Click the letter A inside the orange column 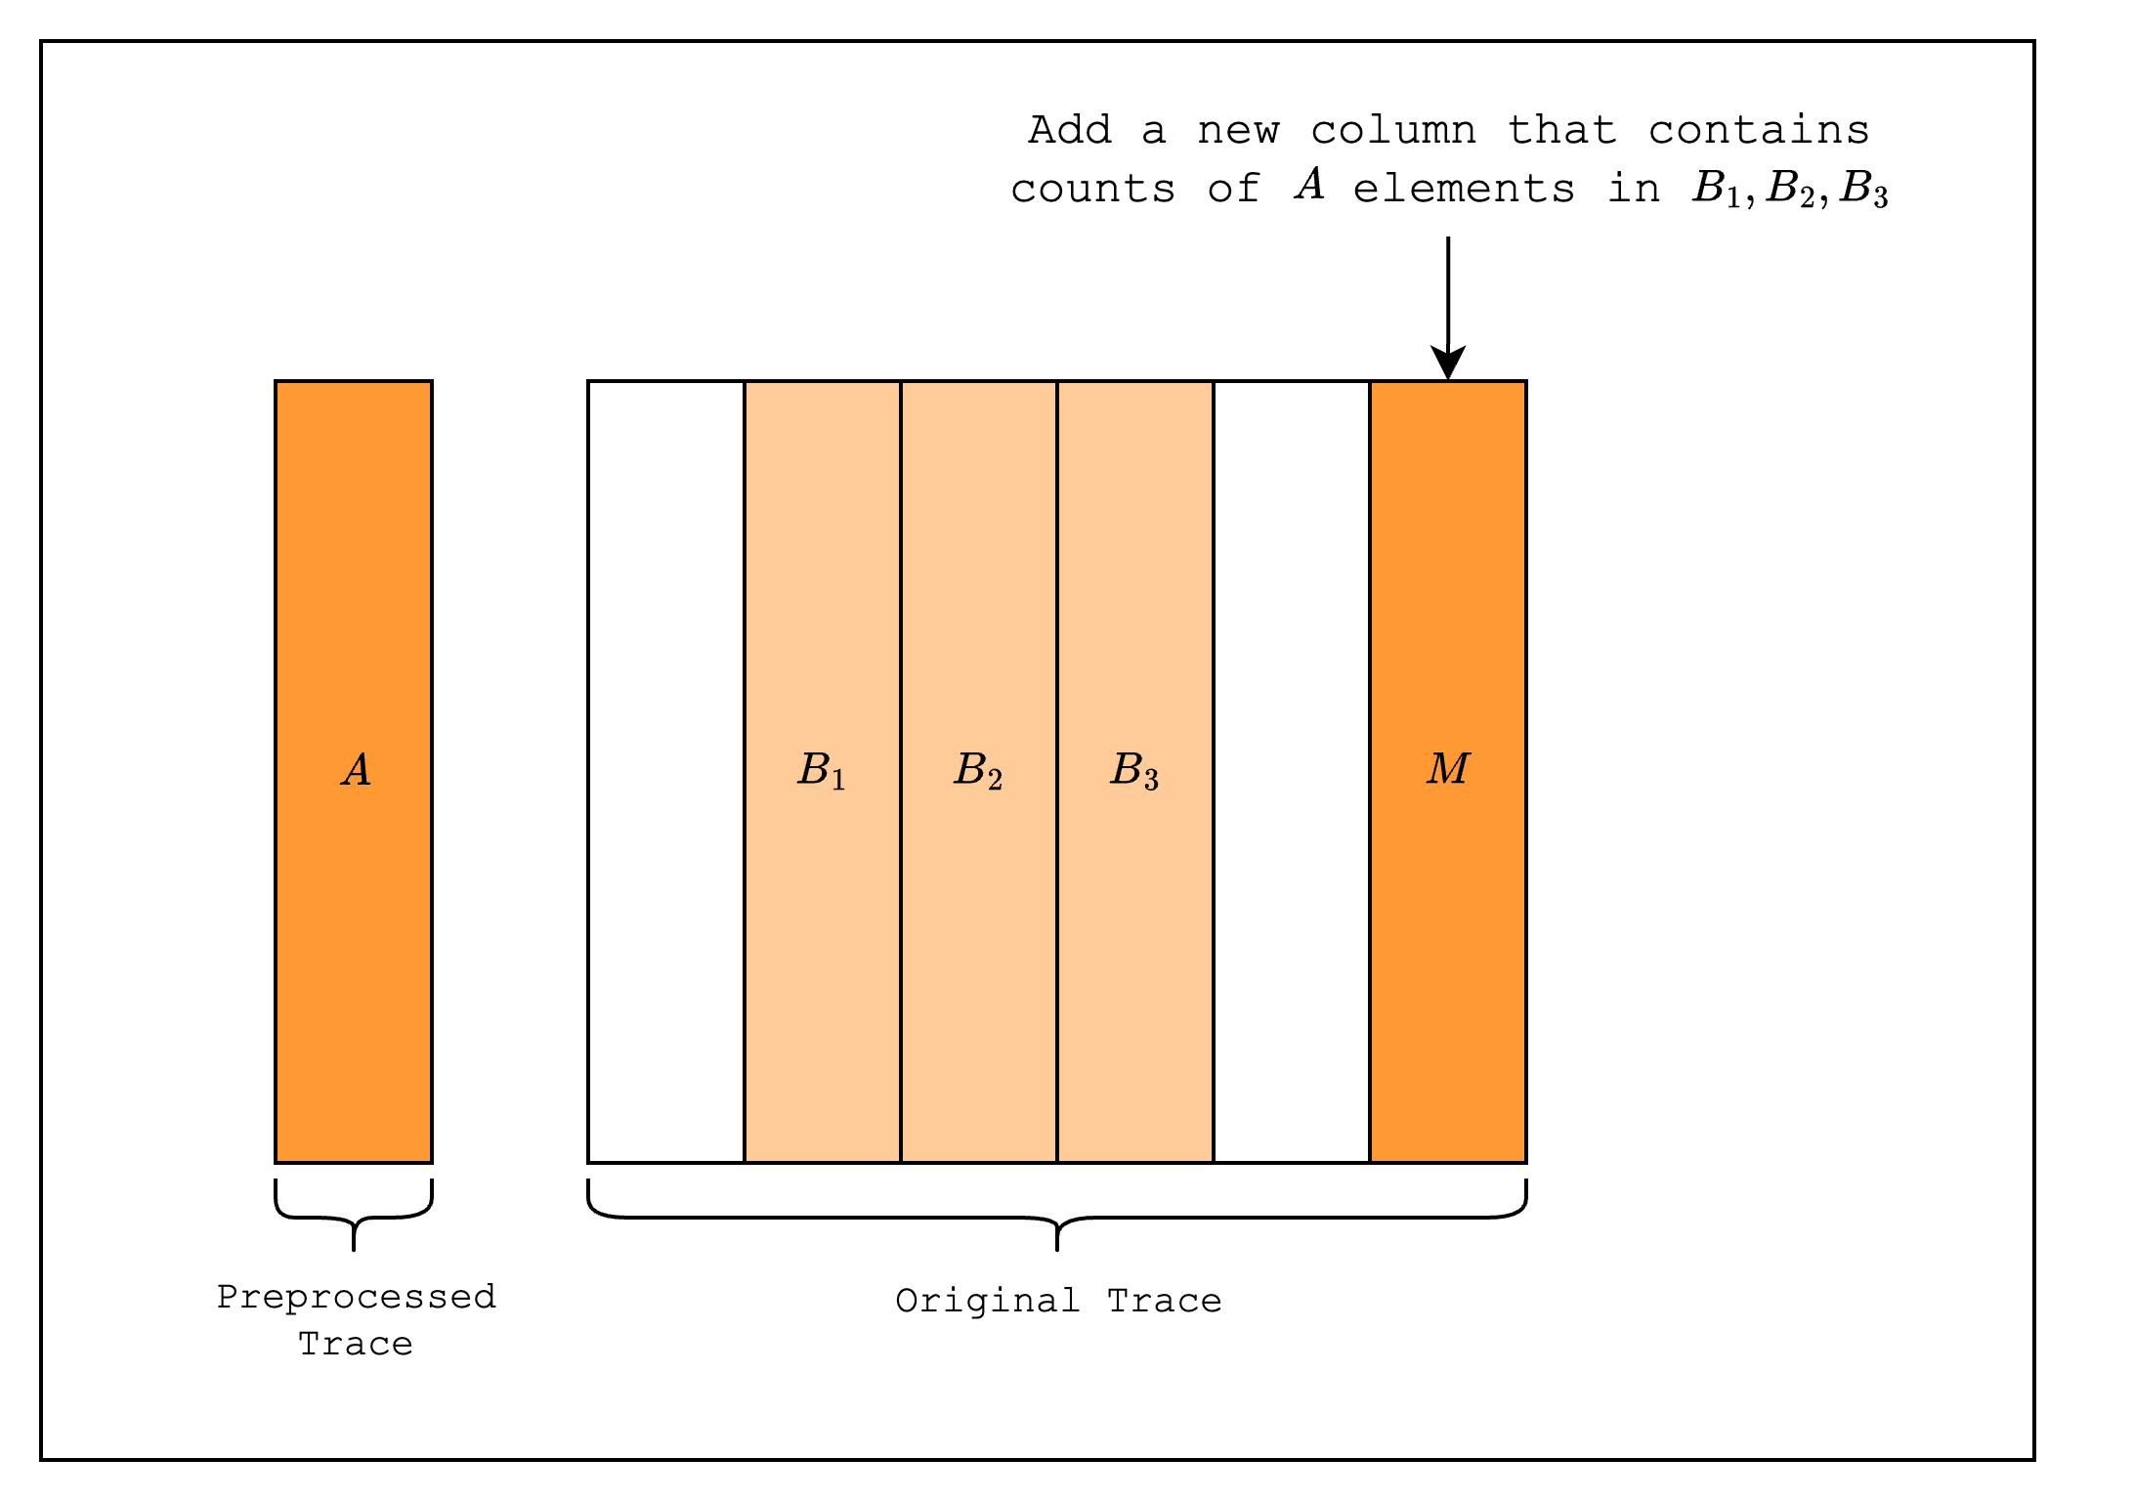[x=357, y=770]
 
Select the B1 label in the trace [x=822, y=770]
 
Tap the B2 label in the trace [x=978, y=770]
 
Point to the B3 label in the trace [x=1134, y=770]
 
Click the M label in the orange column [x=1448, y=769]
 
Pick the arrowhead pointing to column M [x=1448, y=363]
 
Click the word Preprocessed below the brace [x=357, y=1298]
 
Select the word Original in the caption [x=988, y=1302]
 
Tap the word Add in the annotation [x=1070, y=130]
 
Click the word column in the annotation [x=1393, y=130]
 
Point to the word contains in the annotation [x=1759, y=130]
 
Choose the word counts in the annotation [x=1092, y=189]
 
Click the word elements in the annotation [x=1464, y=188]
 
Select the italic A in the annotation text [x=1310, y=184]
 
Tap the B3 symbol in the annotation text [x=1863, y=189]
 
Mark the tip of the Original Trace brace [x=1057, y=1251]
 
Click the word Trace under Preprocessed [x=356, y=1345]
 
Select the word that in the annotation [x=1561, y=130]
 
